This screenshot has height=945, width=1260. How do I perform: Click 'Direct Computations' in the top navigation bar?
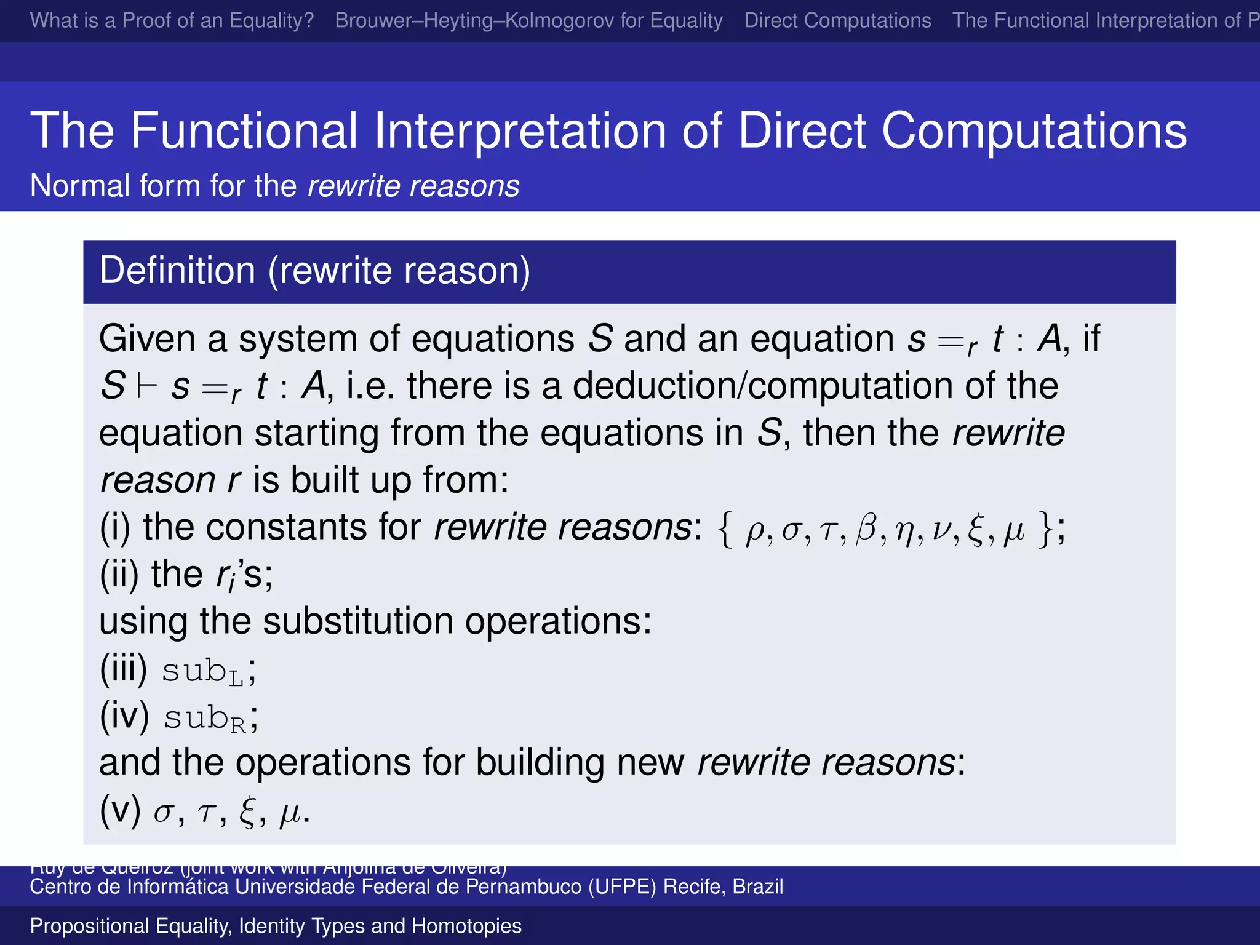tap(837, 21)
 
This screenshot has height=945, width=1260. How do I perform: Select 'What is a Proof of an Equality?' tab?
tap(172, 21)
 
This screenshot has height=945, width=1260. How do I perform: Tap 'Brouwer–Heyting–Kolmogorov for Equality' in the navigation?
tap(528, 21)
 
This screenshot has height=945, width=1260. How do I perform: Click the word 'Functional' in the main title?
tap(244, 130)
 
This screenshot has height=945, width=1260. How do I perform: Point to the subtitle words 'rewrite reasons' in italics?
tap(413, 186)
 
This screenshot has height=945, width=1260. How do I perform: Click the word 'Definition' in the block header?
tap(177, 271)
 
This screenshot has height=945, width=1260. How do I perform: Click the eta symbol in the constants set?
tap(903, 530)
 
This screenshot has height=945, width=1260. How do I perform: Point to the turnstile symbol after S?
tap(148, 386)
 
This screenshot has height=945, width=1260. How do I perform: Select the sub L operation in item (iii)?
tap(202, 671)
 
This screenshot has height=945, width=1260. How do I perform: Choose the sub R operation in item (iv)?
tap(204, 718)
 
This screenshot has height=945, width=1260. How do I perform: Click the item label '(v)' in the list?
tap(120, 811)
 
